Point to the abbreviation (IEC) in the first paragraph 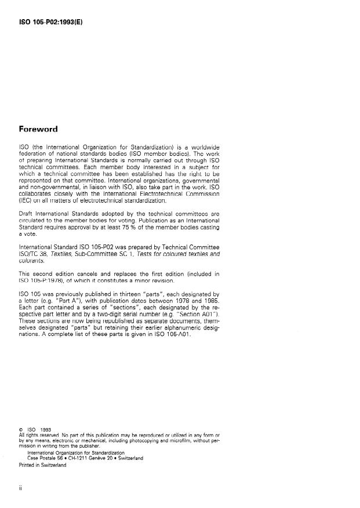(26, 200)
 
